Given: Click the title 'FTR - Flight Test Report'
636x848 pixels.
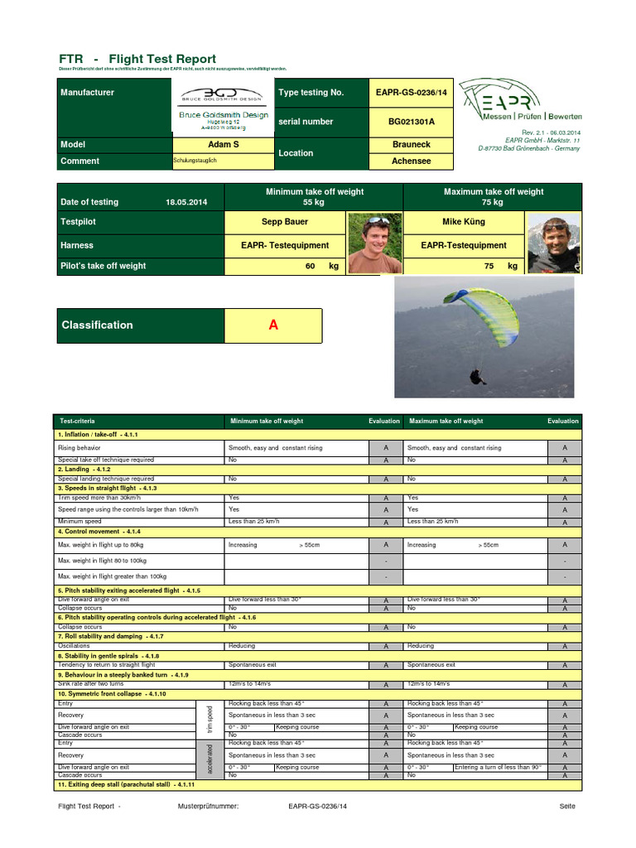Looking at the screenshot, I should tap(137, 59).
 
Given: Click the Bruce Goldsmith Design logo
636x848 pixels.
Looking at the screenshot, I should tap(224, 108).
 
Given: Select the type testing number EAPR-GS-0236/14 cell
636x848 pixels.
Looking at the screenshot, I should tap(411, 93).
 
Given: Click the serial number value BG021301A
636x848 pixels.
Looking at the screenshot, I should tap(411, 122).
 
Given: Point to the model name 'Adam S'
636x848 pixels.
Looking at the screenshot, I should tap(224, 144).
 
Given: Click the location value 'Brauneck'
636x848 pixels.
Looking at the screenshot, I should tap(411, 144).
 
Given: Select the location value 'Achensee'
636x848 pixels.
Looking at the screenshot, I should tap(411, 161).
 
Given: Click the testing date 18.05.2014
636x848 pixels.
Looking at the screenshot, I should tap(186, 202).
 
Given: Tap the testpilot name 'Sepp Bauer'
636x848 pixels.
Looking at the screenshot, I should tap(284, 222).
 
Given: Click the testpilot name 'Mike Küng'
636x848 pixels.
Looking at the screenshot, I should tap(464, 222).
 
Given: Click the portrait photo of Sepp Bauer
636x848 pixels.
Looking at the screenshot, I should tap(374, 243).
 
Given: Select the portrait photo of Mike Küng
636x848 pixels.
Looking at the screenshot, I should tap(554, 243).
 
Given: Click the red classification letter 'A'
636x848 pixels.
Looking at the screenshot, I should tap(273, 325).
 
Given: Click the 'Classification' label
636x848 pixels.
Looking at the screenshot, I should tap(97, 325).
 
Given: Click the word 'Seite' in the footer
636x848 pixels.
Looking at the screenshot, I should tap(567, 806).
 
